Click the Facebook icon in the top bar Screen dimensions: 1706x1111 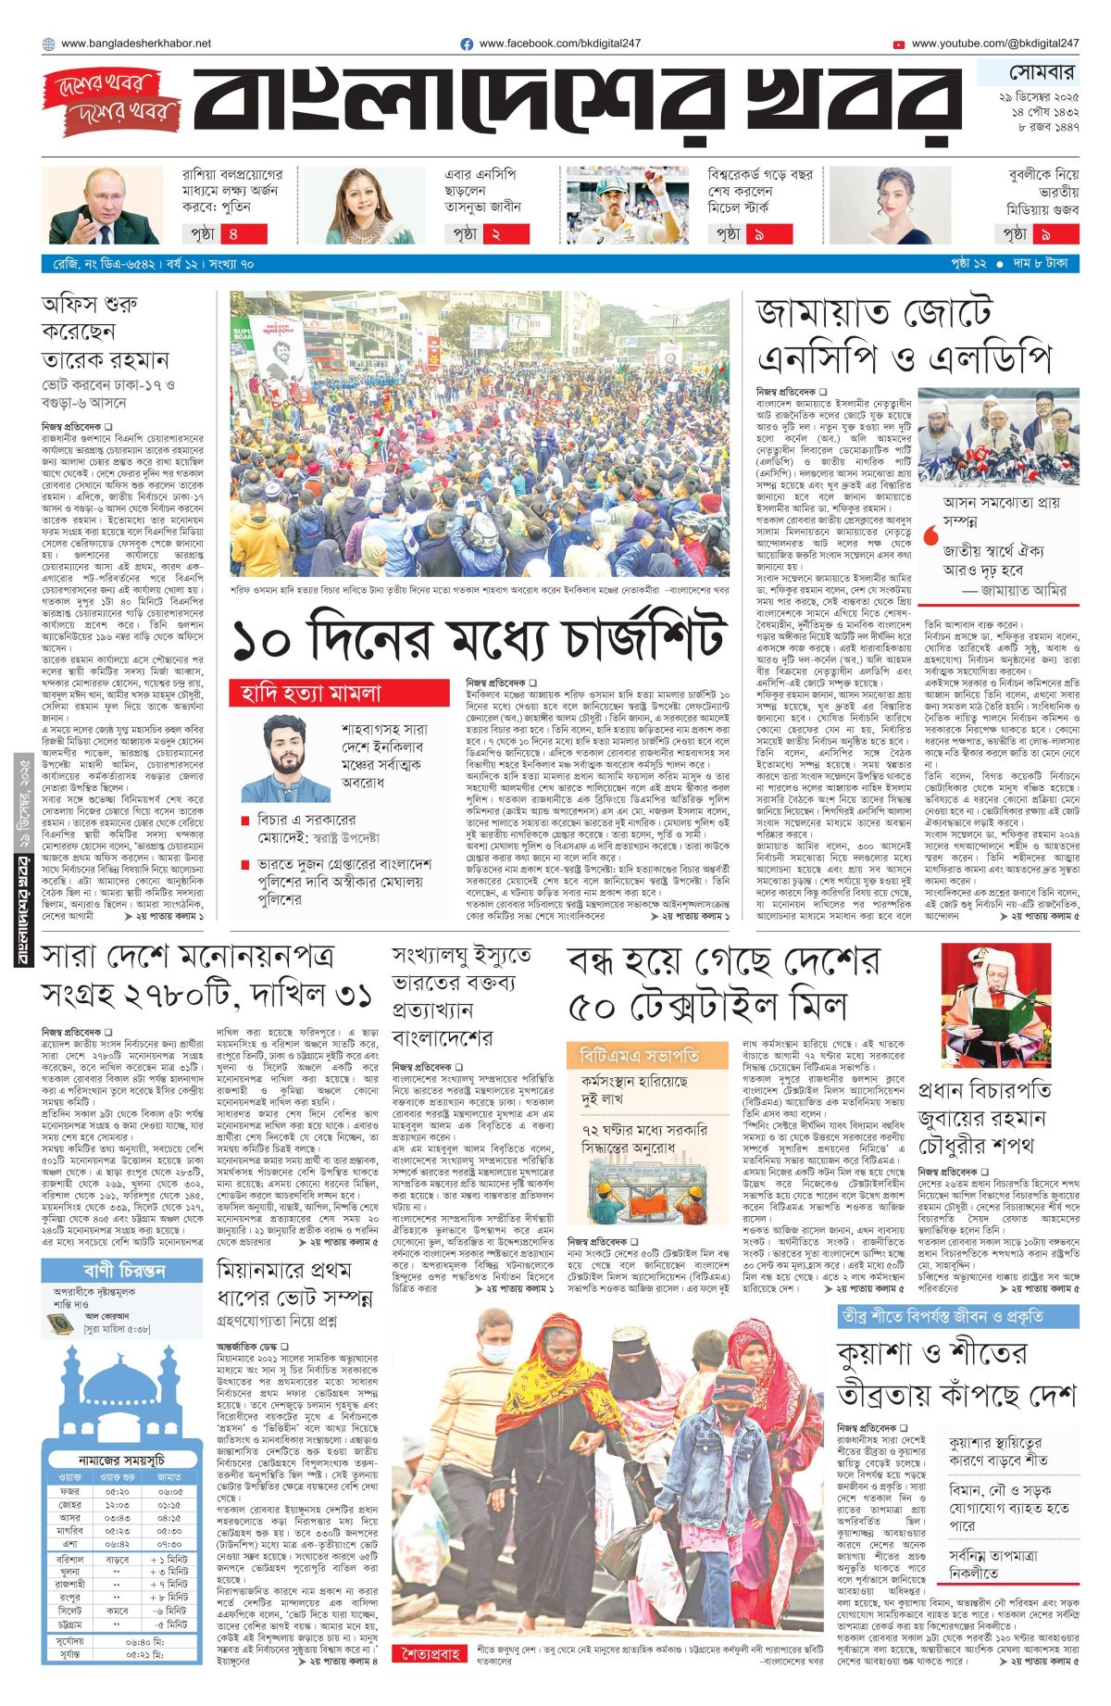(467, 44)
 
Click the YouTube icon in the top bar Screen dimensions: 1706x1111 (899, 44)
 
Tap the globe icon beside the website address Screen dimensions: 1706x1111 (48, 44)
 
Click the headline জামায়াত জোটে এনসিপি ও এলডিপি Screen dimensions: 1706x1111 (905, 335)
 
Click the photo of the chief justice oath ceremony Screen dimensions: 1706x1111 (997, 1005)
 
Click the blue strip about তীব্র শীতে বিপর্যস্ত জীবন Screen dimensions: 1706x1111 (957, 1316)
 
